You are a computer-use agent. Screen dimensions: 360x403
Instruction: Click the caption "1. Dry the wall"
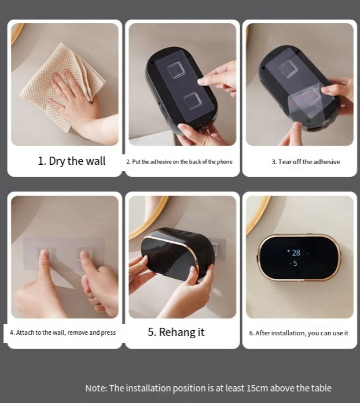click(x=72, y=161)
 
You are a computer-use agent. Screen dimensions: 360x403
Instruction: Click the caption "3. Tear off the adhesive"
click(x=306, y=162)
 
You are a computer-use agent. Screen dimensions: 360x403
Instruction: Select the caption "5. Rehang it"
click(x=176, y=332)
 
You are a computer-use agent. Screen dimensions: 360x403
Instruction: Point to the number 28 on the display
click(x=296, y=253)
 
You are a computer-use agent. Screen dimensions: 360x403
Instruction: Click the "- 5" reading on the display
click(x=293, y=264)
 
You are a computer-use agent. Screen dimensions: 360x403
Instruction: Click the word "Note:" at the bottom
click(x=96, y=388)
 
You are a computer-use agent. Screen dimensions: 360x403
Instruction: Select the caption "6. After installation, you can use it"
click(x=299, y=333)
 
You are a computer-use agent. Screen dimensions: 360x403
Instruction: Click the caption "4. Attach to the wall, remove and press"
click(x=63, y=332)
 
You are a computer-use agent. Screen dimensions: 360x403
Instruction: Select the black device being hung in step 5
click(x=178, y=253)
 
